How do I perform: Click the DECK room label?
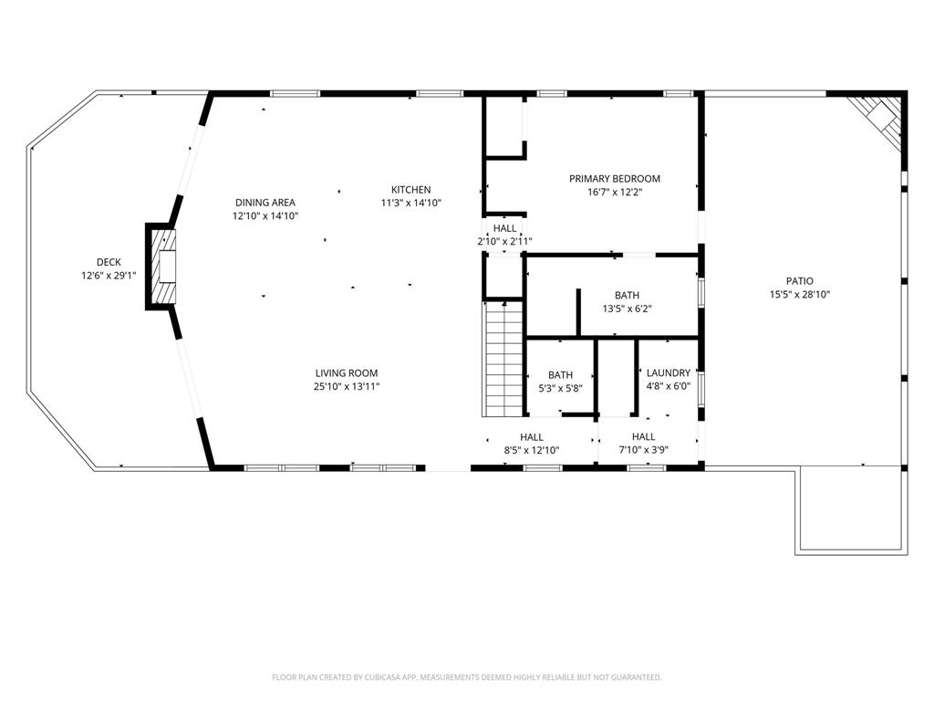click(109, 262)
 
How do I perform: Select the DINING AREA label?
click(265, 203)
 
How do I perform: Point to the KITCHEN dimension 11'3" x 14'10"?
click(410, 203)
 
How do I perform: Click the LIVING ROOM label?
click(347, 373)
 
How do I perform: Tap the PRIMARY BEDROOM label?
click(615, 179)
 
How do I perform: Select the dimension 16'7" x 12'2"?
click(615, 192)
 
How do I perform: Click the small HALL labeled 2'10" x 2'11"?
click(504, 235)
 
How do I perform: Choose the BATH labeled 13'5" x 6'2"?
click(627, 301)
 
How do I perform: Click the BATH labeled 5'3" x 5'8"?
click(560, 381)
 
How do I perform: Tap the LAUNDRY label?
click(668, 373)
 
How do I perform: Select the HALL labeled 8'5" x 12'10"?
click(532, 444)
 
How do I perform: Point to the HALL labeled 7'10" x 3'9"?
click(643, 444)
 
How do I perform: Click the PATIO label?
click(800, 281)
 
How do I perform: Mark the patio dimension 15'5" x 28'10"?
click(800, 294)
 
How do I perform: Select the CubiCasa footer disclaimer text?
click(467, 677)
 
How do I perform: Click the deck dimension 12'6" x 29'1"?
click(109, 275)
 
